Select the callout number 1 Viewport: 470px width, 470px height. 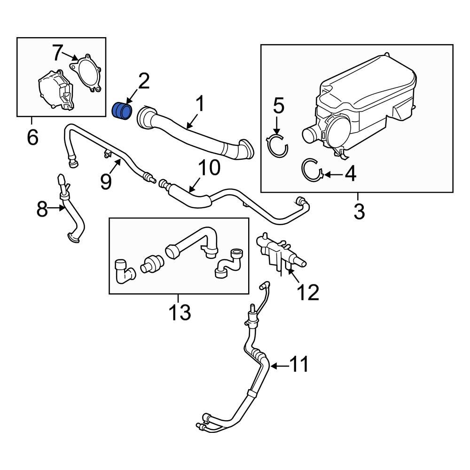200,104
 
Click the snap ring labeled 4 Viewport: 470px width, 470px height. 311,170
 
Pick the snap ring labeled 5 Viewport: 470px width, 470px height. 277,145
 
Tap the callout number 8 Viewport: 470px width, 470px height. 42,210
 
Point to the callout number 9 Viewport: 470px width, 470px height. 107,181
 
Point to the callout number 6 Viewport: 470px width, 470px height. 32,137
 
